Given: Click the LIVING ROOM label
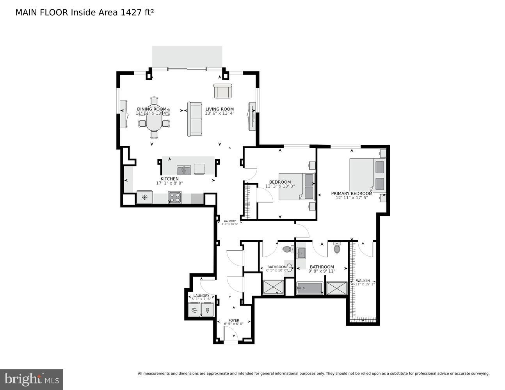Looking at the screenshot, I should coord(219,109).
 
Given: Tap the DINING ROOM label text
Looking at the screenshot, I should coord(152,109).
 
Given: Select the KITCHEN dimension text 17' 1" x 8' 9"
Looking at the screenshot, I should coord(169,183).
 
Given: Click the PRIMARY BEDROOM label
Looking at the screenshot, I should coord(352,193).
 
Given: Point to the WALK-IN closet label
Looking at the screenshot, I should coord(363,280).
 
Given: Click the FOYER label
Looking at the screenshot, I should coord(234,320).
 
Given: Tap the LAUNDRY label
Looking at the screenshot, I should coord(201,296).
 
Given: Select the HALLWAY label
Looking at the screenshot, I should coord(229,222).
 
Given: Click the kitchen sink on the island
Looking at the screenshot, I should coord(183,170).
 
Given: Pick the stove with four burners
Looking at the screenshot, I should coord(175,198).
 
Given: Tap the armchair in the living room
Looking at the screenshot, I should coord(223,91).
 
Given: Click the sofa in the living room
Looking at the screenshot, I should coord(195,119).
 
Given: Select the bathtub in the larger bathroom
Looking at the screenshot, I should coord(309,289).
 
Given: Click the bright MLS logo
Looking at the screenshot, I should coord(32,379).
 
